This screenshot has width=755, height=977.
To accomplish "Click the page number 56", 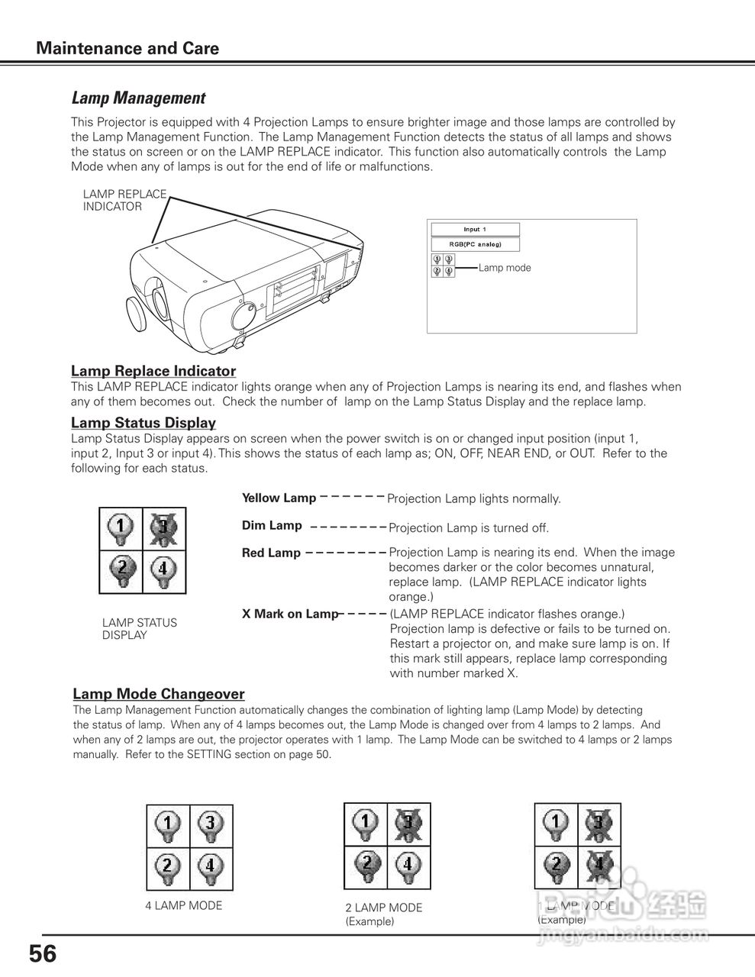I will click(43, 954).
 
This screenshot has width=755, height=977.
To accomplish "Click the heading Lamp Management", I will click(138, 98).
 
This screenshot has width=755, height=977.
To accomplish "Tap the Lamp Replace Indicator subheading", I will click(153, 371).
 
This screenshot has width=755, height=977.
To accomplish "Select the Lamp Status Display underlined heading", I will click(144, 423).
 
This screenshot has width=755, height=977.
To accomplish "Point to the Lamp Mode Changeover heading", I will click(159, 694).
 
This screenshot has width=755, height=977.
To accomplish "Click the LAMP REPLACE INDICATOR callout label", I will click(124, 200).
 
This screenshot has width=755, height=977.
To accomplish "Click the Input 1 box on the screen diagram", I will click(475, 229).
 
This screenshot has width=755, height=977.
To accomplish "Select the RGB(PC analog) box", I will click(475, 244).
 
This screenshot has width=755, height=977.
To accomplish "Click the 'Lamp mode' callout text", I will click(504, 268).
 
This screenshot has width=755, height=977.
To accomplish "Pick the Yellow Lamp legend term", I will click(279, 498).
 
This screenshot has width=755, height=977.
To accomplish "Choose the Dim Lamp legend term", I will click(272, 526).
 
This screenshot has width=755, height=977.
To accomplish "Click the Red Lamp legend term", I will click(271, 553).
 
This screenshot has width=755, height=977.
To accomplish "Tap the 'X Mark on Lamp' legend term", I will click(289, 614).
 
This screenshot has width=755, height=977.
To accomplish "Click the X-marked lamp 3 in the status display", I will click(164, 528).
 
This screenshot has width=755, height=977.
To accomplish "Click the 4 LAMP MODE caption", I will click(184, 906).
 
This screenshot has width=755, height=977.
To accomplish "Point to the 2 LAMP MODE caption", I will click(383, 908).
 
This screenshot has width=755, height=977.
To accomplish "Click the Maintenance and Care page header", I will click(127, 49).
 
